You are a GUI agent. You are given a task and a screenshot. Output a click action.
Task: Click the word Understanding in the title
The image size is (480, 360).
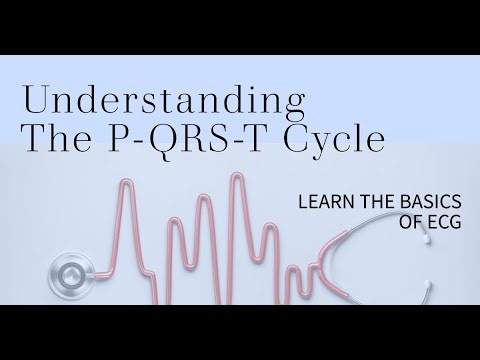point(163,100)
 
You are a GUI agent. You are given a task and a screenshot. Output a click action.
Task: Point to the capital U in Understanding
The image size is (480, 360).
point(34,100)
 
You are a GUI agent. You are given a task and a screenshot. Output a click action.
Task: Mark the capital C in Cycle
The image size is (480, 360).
point(299,138)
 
